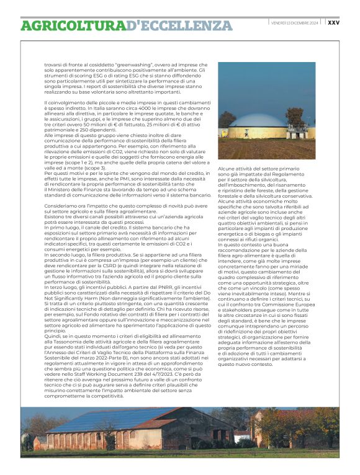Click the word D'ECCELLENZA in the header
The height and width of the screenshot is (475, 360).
(x=179, y=25)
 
